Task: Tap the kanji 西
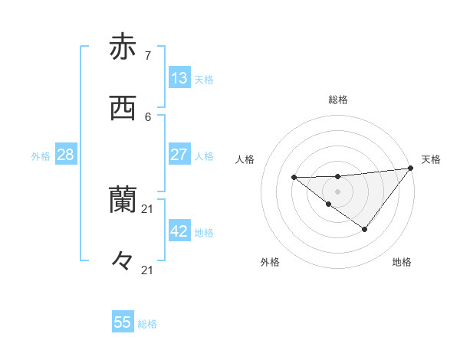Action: (x=123, y=110)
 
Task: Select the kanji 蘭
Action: (x=123, y=201)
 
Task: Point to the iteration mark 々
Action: (x=123, y=263)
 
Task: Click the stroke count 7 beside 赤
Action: (x=148, y=55)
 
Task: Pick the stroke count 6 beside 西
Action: (x=148, y=116)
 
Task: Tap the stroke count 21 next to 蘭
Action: (x=148, y=208)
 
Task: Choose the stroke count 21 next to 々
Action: (x=148, y=270)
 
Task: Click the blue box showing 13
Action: (x=179, y=77)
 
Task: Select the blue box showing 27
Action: (x=179, y=154)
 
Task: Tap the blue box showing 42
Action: (x=179, y=231)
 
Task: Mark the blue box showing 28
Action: (x=66, y=154)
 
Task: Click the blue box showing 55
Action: (x=123, y=322)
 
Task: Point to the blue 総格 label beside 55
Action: (x=148, y=324)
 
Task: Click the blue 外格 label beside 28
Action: (x=41, y=156)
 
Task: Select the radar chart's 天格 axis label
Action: (x=431, y=159)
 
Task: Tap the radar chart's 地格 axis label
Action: (x=402, y=262)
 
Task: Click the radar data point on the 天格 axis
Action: (x=411, y=168)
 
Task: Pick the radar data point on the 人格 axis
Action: (x=294, y=178)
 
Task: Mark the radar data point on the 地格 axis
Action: (x=365, y=229)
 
